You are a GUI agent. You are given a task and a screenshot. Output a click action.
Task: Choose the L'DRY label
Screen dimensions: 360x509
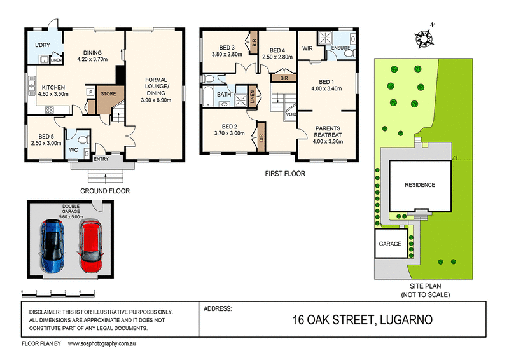click(x=43, y=46)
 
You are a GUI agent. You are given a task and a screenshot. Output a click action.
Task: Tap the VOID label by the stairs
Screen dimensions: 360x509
click(x=291, y=114)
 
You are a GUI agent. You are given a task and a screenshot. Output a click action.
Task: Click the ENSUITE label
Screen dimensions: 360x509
click(x=342, y=48)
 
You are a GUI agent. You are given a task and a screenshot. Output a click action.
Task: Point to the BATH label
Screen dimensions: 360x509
click(x=224, y=95)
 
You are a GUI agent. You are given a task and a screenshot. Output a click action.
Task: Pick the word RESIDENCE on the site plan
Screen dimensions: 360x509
click(x=420, y=185)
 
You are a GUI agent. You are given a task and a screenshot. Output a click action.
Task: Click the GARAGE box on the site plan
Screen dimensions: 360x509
click(x=391, y=244)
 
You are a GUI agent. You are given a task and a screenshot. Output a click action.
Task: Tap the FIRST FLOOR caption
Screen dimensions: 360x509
click(x=285, y=173)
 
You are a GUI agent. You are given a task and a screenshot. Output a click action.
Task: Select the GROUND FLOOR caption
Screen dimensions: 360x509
click(x=105, y=191)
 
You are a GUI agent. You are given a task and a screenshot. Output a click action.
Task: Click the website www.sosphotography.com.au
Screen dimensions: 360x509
click(x=110, y=343)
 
